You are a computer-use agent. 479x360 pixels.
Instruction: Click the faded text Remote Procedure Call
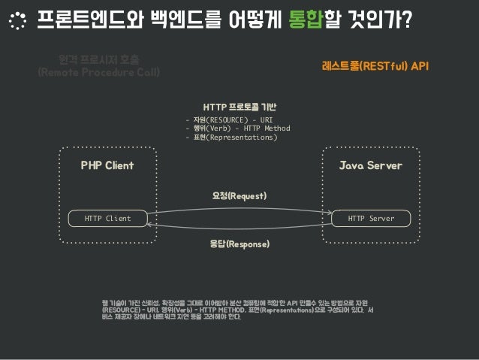(x=104, y=72)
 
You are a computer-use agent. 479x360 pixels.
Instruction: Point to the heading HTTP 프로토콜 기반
(x=239, y=106)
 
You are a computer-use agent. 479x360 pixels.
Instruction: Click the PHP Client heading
(x=107, y=165)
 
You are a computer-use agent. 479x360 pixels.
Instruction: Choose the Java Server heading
(x=371, y=165)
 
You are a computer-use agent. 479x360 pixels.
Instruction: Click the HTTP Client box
(x=107, y=219)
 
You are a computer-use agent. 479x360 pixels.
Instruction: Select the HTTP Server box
(x=371, y=219)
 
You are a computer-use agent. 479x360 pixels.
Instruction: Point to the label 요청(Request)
(x=239, y=196)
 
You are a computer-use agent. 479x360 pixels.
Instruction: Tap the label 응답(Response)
(x=239, y=244)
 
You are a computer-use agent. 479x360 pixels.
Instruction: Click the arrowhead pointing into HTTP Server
(x=329, y=212)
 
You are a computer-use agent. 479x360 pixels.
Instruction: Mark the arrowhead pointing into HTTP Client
(x=150, y=225)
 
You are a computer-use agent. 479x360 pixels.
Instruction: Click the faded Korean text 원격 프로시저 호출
(x=103, y=59)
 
